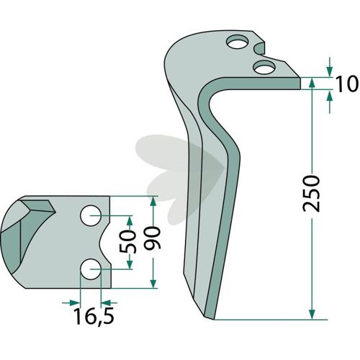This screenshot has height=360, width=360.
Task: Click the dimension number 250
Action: [311, 194]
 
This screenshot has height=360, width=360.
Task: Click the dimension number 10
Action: [346, 84]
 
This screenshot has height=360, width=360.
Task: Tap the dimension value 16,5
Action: [94, 316]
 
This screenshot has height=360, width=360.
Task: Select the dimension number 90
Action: [152, 238]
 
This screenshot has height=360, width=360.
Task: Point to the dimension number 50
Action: [127, 242]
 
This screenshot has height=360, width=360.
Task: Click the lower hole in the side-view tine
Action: [264, 68]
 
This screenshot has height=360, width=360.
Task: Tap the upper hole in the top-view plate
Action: [91, 215]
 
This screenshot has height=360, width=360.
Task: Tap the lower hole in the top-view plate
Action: [90, 269]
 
